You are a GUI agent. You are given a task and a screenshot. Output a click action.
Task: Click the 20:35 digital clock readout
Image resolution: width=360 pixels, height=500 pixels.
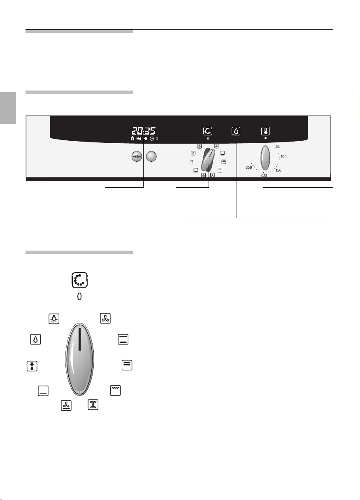143,130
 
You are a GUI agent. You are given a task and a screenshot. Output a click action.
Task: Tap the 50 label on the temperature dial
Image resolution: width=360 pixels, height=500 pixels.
278,147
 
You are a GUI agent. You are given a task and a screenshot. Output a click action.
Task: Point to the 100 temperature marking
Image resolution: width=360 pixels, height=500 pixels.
283,157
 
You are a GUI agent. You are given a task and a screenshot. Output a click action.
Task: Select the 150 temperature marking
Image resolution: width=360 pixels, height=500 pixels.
279,170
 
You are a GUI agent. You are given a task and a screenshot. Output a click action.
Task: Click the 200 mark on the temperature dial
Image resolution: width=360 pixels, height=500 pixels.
264,175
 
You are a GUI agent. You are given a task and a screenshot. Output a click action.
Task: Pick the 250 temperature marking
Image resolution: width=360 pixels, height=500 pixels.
249,167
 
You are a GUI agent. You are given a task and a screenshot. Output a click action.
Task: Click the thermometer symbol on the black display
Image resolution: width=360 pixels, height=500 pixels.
266,131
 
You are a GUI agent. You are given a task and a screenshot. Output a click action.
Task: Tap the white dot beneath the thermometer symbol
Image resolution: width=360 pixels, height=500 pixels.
265,138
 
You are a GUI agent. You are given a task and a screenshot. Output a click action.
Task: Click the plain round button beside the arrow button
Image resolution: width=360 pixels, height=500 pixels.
151,156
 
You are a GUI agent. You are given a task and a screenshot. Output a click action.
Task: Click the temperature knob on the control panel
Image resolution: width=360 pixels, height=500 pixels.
265,158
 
